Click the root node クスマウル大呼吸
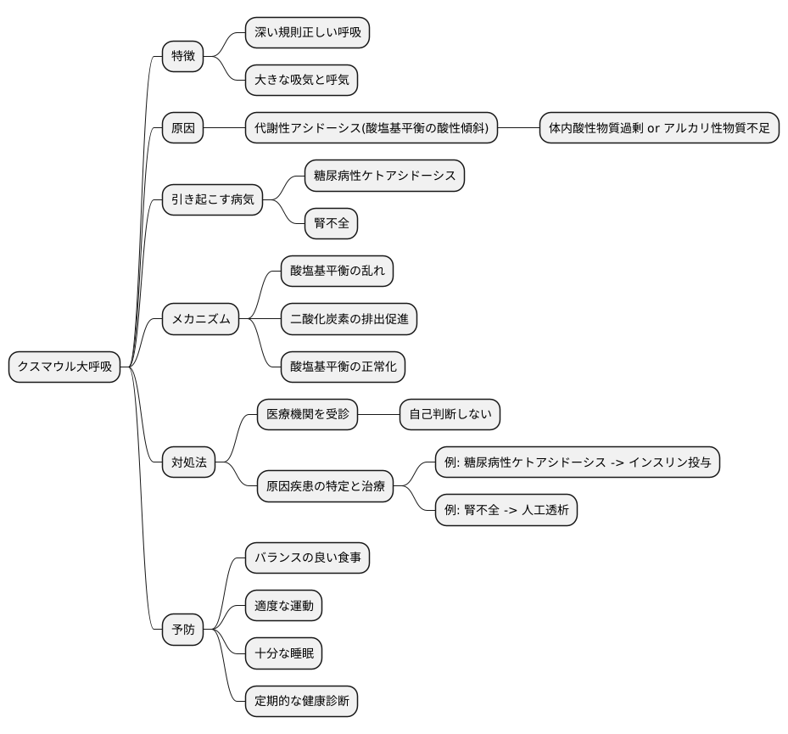coord(64,367)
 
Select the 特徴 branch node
coord(183,57)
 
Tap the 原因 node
coord(183,129)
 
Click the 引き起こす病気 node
coord(212,200)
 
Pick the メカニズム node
coord(200,320)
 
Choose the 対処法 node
coord(188,462)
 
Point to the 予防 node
coord(183,630)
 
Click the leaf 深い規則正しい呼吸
coord(307,33)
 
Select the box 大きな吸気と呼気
coord(301,81)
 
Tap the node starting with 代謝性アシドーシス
coord(372,129)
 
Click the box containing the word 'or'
coord(659,129)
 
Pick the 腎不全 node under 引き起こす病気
coord(332,224)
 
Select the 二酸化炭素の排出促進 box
coord(349,320)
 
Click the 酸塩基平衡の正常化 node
coord(344,367)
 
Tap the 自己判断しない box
coord(450,415)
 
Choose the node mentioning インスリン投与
coord(578,462)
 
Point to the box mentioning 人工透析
coord(506,510)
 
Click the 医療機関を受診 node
coord(307,415)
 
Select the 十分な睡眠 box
coord(283,653)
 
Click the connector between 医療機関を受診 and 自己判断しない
coord(379,415)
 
